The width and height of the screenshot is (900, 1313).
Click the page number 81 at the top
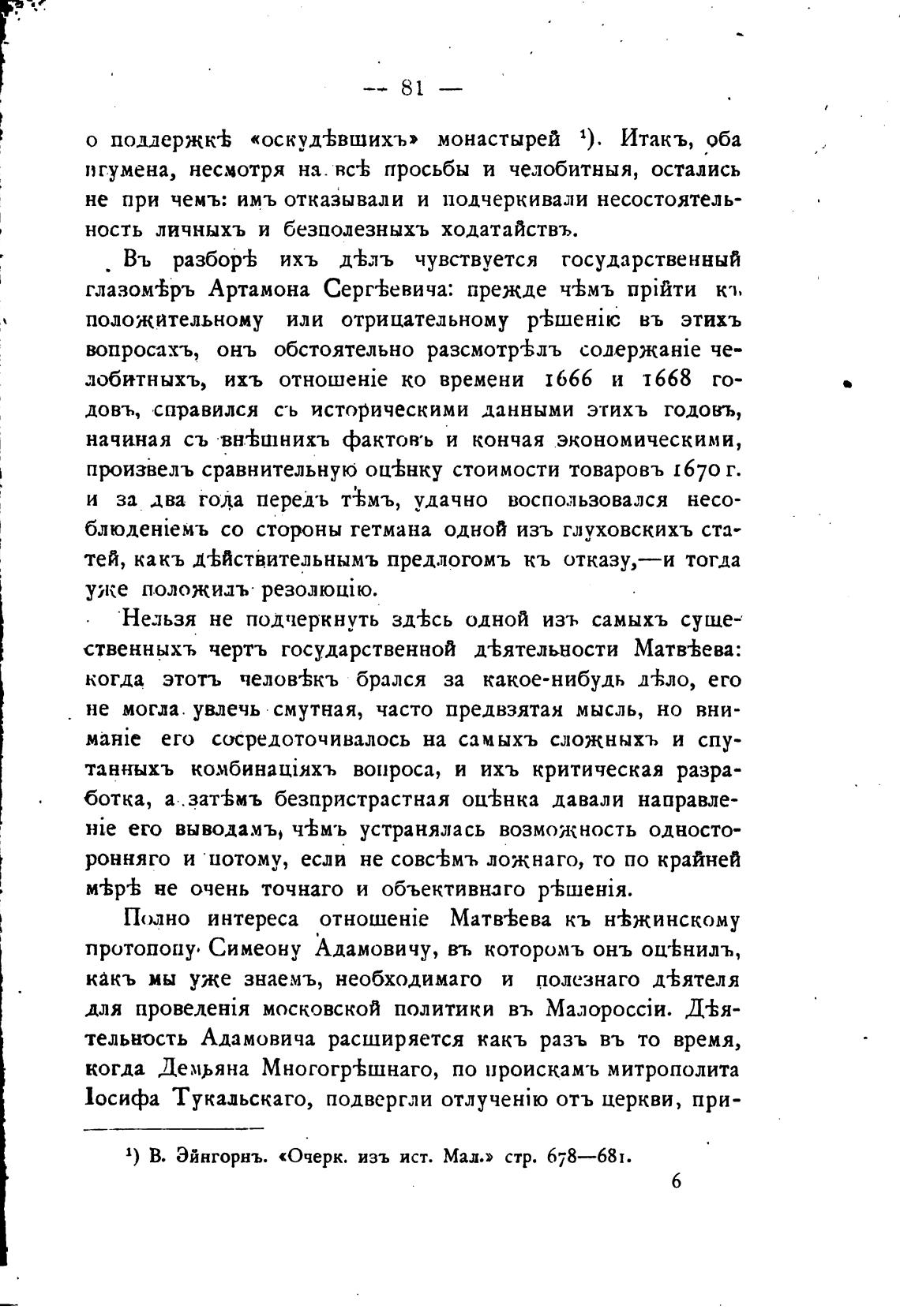(x=413, y=88)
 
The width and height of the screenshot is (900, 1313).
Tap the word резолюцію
(x=315, y=589)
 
